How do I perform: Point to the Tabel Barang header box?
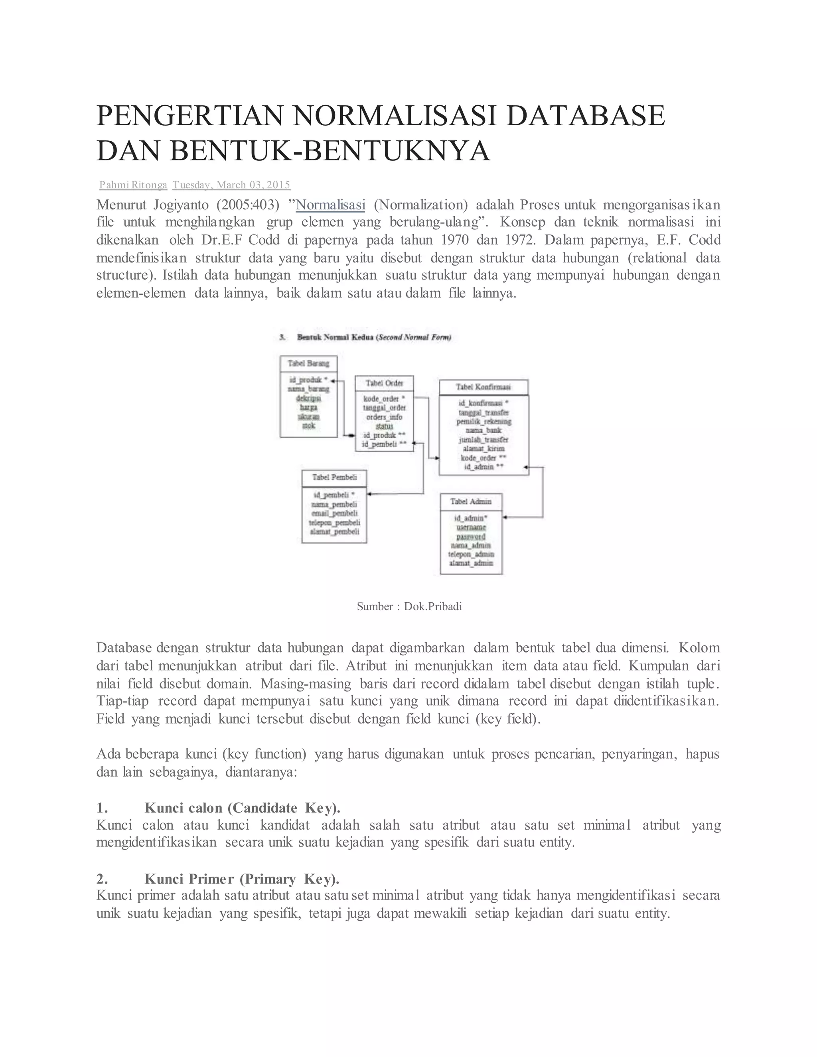[x=308, y=363]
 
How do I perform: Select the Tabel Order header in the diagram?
[x=384, y=383]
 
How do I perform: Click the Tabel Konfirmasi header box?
[x=483, y=387]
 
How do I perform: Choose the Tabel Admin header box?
[x=471, y=501]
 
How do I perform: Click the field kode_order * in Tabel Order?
[x=384, y=399]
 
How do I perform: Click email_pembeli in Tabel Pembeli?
[x=334, y=513]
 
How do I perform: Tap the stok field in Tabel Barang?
[x=308, y=426]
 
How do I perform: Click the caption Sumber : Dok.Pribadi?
[x=409, y=606]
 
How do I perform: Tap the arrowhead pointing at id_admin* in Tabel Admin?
[x=505, y=517]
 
